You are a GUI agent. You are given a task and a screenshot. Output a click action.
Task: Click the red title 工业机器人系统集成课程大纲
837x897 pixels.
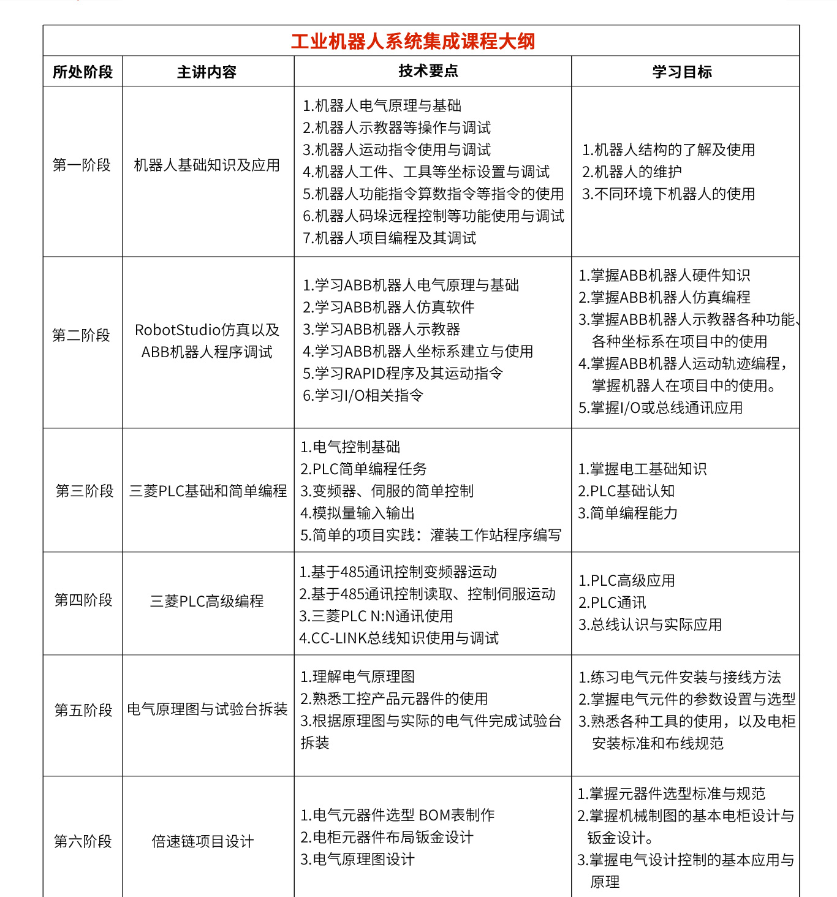pos(413,41)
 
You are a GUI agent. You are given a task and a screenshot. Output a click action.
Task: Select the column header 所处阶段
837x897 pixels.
pos(83,72)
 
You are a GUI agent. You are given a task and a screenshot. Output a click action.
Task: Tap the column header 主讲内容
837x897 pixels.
pos(206,72)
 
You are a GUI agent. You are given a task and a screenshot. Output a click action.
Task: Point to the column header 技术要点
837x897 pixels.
pos(428,71)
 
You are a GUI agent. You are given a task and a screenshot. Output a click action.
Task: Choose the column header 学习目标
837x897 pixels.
pos(682,72)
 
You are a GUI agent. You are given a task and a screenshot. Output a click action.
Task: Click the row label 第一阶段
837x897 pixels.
pos(82,165)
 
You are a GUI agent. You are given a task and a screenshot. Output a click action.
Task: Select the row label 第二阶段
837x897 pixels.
pos(81,335)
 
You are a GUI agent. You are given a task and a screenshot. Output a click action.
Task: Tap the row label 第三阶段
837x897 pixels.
pos(85,491)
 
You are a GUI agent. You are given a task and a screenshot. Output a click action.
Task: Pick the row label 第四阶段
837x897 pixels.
pos(83,600)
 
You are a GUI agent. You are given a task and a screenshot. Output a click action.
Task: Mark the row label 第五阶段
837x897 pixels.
pos(83,710)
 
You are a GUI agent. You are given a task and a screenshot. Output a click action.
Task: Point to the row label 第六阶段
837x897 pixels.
pos(83,841)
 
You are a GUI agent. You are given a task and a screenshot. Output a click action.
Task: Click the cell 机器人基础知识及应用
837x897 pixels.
pos(207,165)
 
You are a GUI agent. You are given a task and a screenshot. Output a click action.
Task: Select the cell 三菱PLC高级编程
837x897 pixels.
pos(207,601)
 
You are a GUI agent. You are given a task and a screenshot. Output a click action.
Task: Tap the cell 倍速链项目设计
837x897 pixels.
pos(203,841)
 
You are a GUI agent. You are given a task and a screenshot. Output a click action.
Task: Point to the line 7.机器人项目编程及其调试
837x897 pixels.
pos(389,238)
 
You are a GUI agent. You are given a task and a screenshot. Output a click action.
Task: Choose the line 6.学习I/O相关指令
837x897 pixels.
pos(363,395)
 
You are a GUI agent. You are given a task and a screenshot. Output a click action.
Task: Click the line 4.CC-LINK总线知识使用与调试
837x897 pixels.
pos(399,638)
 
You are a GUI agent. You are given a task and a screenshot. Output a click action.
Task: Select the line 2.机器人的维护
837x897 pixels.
pos(632,172)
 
